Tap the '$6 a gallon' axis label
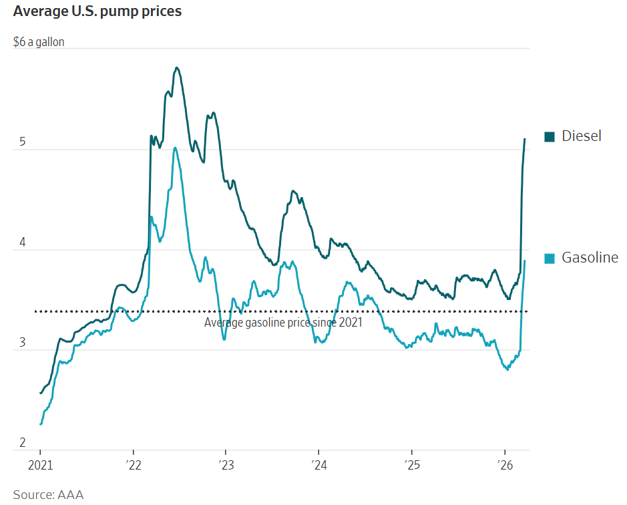coord(39,41)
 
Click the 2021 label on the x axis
coord(40,465)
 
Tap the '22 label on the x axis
coord(133,465)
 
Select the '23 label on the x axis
coord(226,465)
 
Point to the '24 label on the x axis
coord(319,465)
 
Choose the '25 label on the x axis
coord(411,465)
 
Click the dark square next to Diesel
coord(550,137)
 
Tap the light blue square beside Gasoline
coord(550,259)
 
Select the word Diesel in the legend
coord(581,136)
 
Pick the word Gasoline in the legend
coord(590,258)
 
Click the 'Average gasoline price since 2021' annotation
coord(283,323)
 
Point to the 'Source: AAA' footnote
coord(48,494)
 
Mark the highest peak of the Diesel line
coord(176,67)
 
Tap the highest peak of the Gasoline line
coord(175,148)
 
